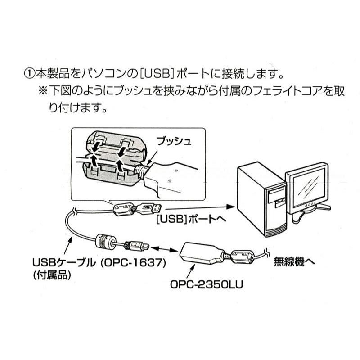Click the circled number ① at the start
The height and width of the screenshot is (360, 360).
pos(29,72)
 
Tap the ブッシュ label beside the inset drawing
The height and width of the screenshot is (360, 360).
pos(174,141)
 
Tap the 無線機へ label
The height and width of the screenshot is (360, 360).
pos(295,262)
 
